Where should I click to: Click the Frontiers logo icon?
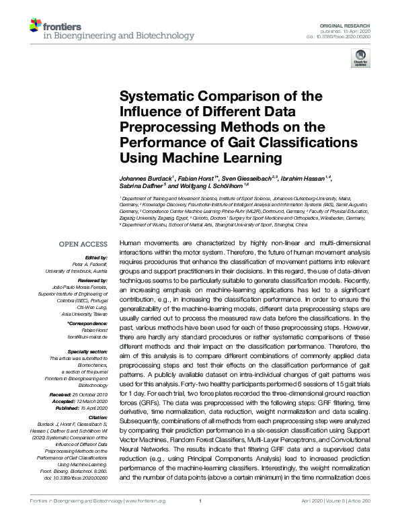pyautogui.click(x=36, y=26)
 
